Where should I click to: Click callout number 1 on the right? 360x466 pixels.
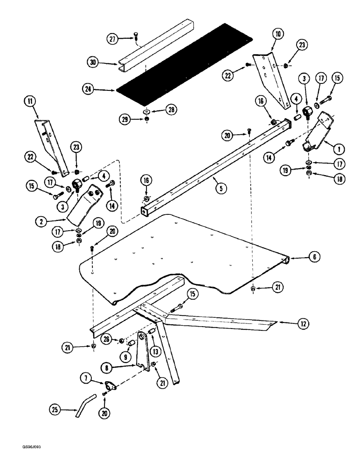339,149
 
